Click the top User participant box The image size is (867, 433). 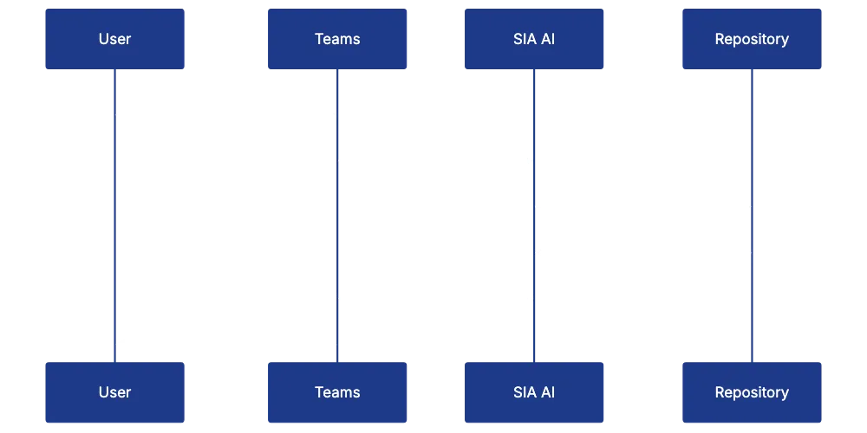[114, 39]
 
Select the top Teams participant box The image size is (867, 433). [336, 39]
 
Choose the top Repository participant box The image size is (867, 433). [752, 39]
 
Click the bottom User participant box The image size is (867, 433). [114, 392]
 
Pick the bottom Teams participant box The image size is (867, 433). [336, 392]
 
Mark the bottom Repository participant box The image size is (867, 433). [752, 392]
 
